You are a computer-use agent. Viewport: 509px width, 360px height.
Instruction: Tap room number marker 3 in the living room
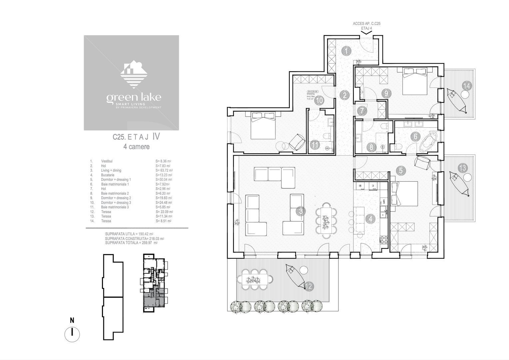pos(300,211)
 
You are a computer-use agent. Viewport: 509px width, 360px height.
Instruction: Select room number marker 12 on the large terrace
pos(309,286)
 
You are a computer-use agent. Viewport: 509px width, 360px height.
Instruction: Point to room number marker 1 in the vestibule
pos(346,51)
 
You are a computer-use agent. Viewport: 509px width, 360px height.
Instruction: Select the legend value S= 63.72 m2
pos(164,170)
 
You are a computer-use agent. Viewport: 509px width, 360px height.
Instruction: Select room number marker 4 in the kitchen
pos(370,219)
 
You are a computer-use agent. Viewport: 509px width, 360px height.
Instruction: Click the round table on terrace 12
pos(303,270)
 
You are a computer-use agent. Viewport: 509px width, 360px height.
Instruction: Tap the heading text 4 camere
pos(136,146)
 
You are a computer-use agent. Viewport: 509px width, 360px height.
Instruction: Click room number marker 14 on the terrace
pos(467,86)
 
